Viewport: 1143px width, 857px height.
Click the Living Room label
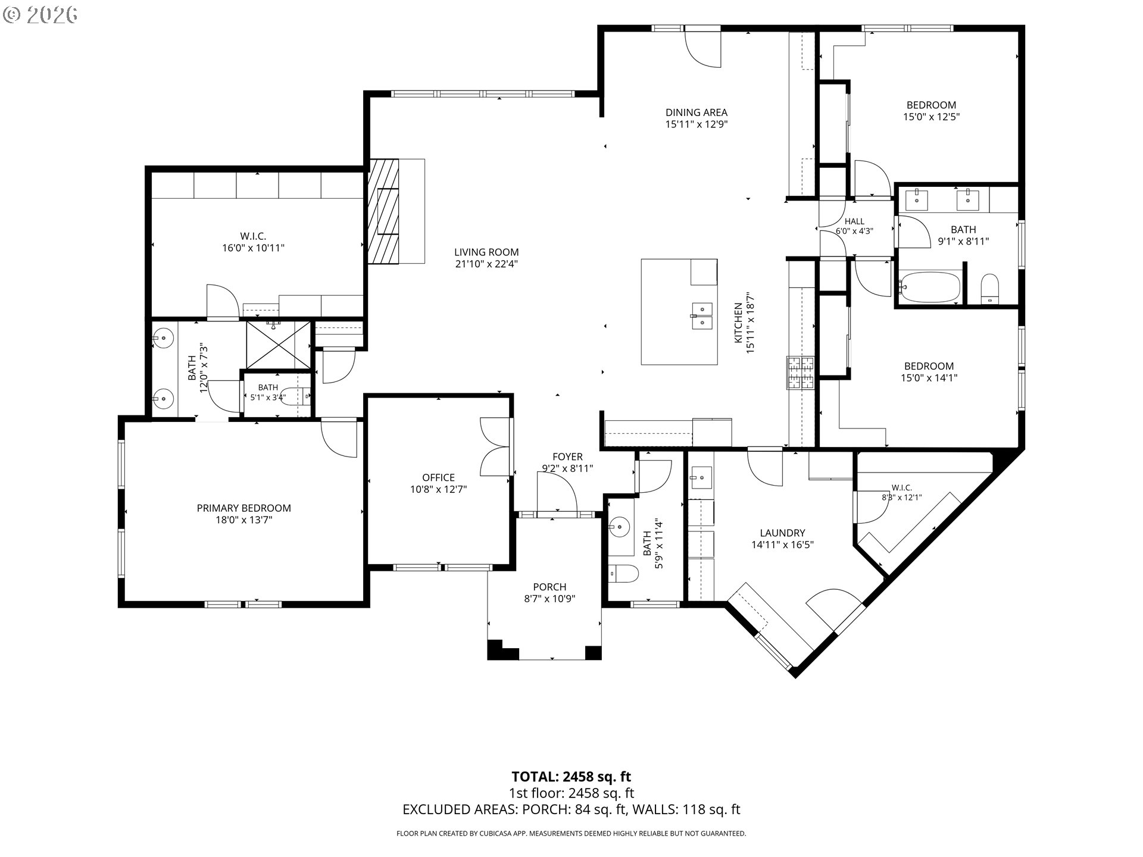(x=486, y=252)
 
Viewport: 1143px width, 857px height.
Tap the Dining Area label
(x=696, y=112)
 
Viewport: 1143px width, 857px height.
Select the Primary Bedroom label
(x=244, y=508)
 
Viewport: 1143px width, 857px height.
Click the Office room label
(x=438, y=477)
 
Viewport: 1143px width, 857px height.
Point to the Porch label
(x=549, y=587)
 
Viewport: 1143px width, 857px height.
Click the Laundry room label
(x=782, y=533)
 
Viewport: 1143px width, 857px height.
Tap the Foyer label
(x=567, y=456)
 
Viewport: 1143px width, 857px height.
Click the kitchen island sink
(x=702, y=316)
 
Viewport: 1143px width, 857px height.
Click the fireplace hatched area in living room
(x=383, y=211)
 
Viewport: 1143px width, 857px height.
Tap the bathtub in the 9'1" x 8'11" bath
(x=930, y=287)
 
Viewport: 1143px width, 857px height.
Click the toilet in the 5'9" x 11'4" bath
(x=623, y=574)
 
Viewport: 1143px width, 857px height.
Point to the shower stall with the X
(x=279, y=345)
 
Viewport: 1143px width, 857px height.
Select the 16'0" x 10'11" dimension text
(x=254, y=248)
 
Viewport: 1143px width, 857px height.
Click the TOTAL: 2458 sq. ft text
(x=571, y=777)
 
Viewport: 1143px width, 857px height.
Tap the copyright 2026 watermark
(x=40, y=15)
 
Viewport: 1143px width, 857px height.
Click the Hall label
(x=854, y=221)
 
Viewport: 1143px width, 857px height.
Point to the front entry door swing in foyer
(x=557, y=492)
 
